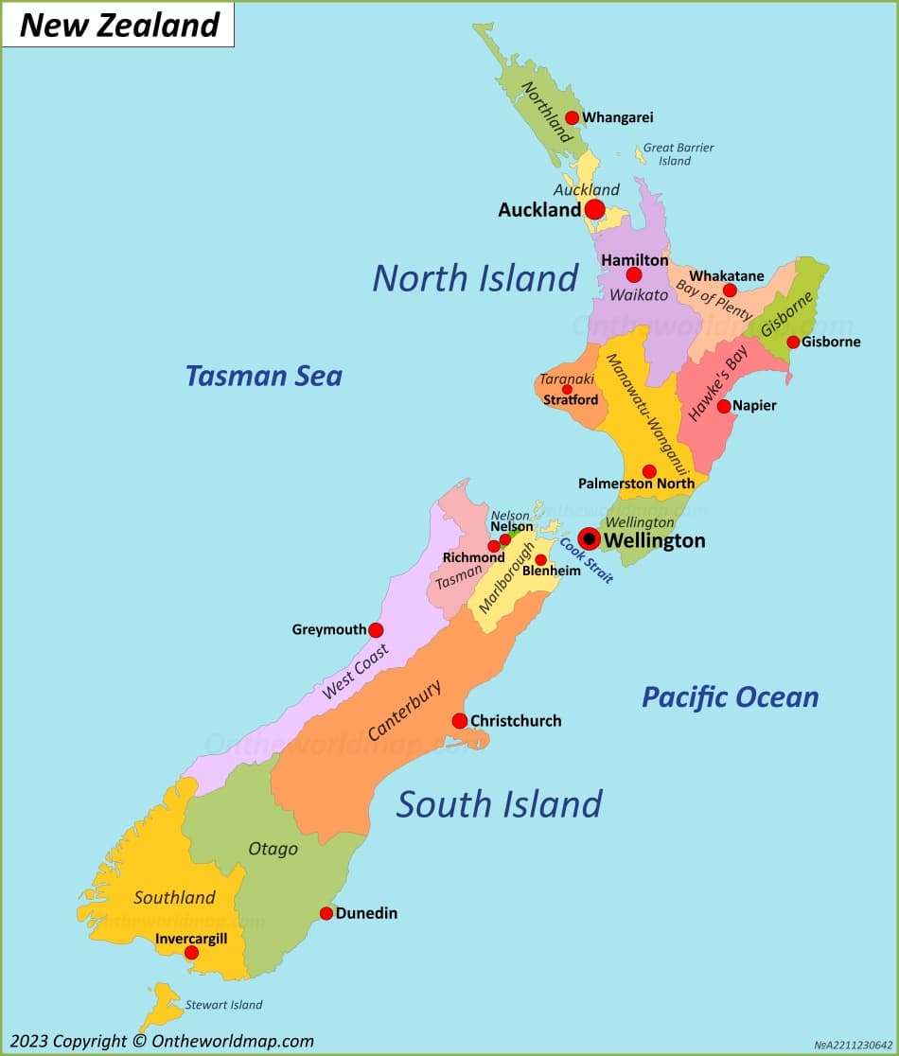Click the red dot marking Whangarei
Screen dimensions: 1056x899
click(572, 118)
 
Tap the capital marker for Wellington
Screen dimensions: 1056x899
click(589, 539)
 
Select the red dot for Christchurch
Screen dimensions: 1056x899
click(460, 721)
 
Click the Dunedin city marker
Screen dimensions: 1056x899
click(326, 913)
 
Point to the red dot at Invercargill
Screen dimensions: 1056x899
click(191, 953)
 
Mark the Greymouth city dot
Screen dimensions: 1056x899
click(376, 630)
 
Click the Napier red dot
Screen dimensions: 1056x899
click(724, 406)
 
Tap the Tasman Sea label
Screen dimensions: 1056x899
click(263, 376)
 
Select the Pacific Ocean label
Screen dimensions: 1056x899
click(730, 697)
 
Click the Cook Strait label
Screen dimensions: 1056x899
click(587, 560)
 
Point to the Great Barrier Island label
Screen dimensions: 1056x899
click(678, 154)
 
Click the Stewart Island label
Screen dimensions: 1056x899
click(223, 1005)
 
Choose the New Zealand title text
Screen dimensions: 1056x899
click(119, 26)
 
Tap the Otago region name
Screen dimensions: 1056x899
click(273, 849)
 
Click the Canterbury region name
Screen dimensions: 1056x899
click(404, 711)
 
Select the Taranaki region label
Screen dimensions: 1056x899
click(567, 378)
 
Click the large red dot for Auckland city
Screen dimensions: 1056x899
click(594, 209)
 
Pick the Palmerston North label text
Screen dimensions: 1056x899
click(636, 484)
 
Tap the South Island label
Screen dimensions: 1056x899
click(499, 804)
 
